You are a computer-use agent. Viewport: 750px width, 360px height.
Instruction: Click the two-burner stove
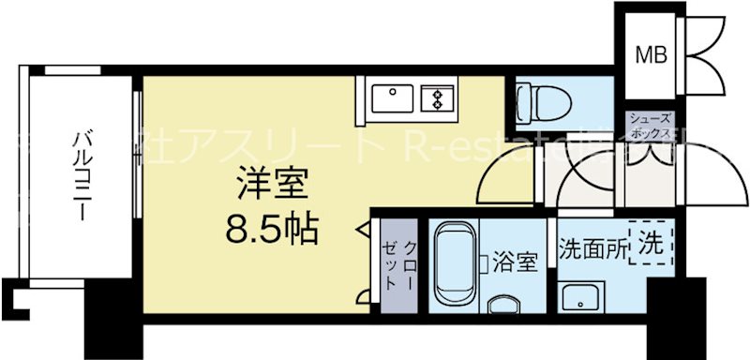438,97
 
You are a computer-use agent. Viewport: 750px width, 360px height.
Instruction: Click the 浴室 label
515,262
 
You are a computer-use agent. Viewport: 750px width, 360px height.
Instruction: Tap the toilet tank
522,98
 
